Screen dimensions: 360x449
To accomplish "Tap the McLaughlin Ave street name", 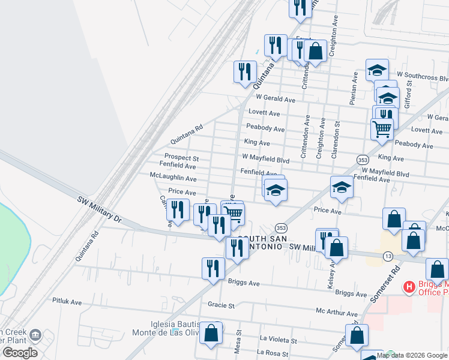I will click(x=173, y=178).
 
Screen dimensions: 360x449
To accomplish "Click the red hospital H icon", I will click(x=409, y=287).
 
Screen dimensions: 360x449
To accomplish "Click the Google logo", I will click(x=20, y=352).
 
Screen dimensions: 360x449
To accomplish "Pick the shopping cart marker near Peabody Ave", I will click(x=382, y=128).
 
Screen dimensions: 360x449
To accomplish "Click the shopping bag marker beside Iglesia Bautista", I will click(x=211, y=334).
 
